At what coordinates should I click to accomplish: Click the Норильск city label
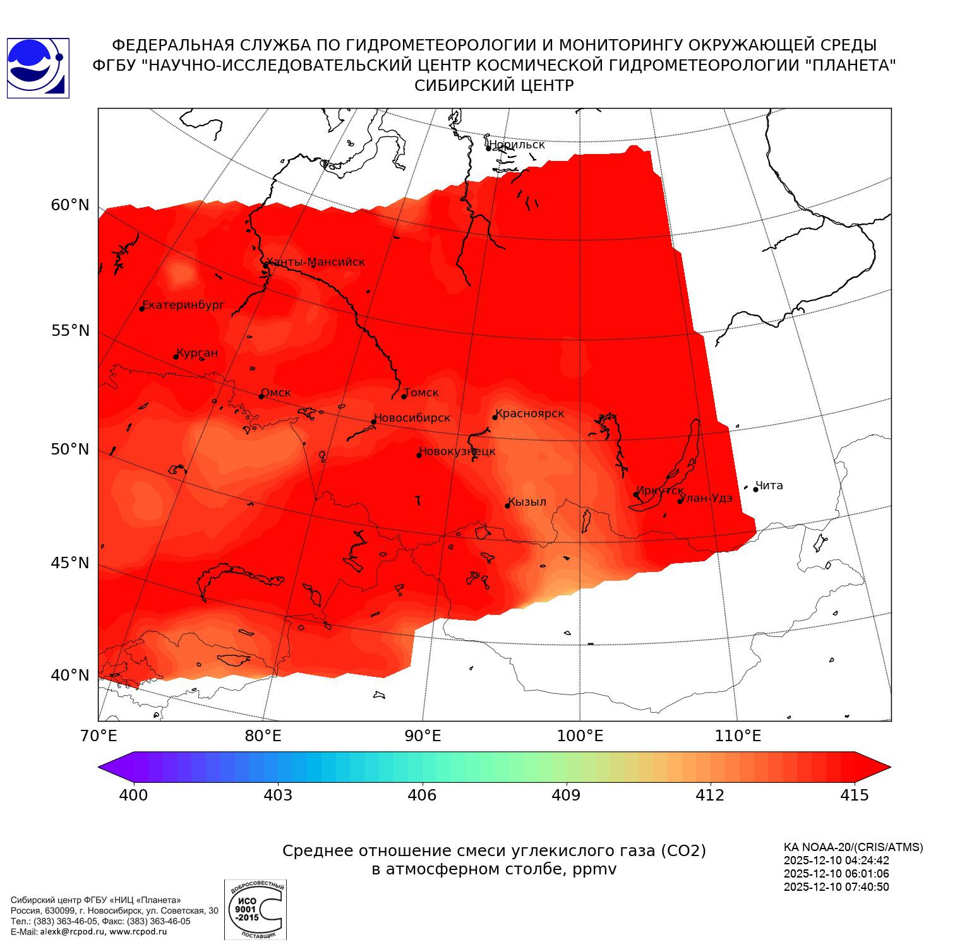point(517,145)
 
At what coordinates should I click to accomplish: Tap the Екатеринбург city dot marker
point(142,308)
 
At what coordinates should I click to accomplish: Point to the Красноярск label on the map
point(530,414)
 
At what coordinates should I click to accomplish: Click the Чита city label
point(769,485)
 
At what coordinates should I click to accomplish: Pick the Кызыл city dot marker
point(507,506)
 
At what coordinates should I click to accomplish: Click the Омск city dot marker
point(261,396)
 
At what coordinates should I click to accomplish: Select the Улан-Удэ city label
point(706,498)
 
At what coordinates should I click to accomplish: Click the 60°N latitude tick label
point(70,205)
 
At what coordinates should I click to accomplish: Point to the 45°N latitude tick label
point(70,563)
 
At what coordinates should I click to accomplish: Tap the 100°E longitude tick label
point(580,736)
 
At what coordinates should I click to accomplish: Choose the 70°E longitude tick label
point(99,736)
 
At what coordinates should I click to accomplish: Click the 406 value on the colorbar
point(422,795)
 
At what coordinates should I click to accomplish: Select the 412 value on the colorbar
point(710,795)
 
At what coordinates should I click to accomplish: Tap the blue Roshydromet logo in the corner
point(38,68)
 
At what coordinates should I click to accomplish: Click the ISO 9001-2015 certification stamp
point(255,909)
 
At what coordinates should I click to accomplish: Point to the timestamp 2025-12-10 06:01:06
point(836,874)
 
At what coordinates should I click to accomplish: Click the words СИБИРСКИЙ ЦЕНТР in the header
point(494,86)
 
